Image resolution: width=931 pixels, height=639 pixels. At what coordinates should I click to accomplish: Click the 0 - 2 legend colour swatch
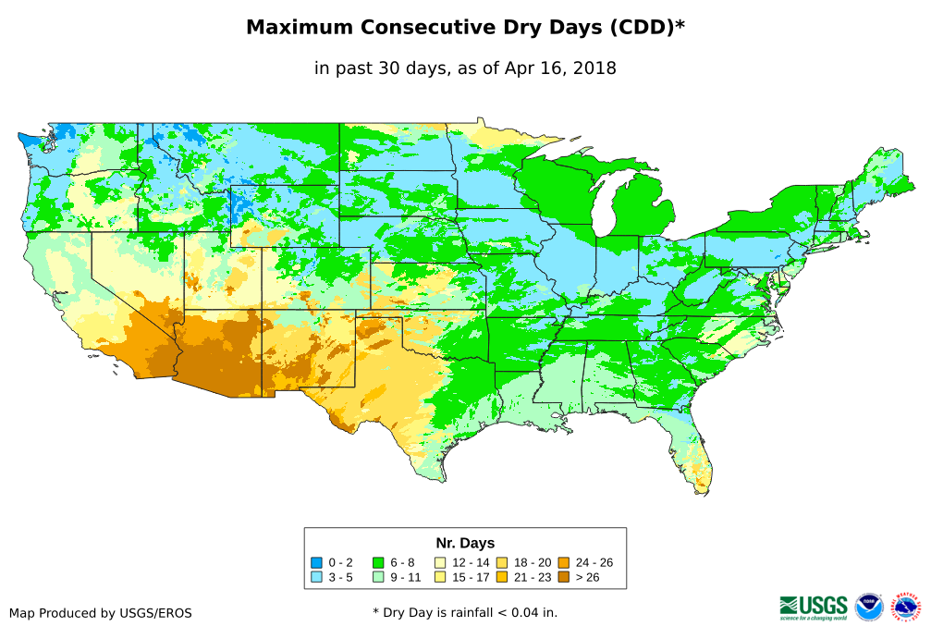click(x=316, y=562)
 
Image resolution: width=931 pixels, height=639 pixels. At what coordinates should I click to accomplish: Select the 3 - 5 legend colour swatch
click(x=316, y=577)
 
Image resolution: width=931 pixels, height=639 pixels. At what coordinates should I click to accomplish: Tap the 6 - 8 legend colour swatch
click(x=378, y=562)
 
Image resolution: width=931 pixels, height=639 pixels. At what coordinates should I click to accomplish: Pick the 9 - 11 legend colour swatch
click(x=378, y=577)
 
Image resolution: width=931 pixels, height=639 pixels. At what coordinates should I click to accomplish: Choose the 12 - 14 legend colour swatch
click(x=440, y=562)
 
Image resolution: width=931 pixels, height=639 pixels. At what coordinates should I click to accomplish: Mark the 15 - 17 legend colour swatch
click(x=440, y=577)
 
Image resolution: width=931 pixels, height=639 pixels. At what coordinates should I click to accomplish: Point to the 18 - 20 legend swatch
click(x=502, y=562)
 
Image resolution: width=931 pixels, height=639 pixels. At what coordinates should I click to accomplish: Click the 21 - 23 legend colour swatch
click(x=502, y=577)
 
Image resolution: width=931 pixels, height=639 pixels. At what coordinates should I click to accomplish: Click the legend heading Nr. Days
click(x=465, y=543)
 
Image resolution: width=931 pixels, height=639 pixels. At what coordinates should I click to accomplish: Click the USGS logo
click(x=814, y=606)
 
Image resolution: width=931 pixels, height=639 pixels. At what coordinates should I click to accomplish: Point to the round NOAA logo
click(x=869, y=607)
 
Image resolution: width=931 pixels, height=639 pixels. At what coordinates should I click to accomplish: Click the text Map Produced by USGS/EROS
click(x=101, y=613)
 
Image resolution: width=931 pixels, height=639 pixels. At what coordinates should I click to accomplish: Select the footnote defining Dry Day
click(x=465, y=613)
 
